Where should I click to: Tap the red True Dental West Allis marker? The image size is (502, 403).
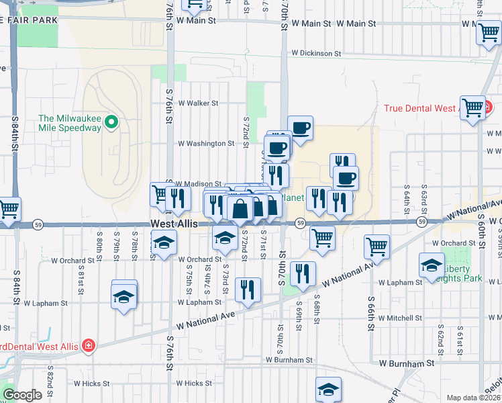(x=489, y=107)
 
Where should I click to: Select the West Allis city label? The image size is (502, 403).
(x=174, y=224)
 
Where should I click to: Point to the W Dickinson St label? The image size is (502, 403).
(x=316, y=53)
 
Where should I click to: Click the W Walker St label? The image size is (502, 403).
(x=198, y=103)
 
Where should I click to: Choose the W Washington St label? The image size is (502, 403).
(x=205, y=143)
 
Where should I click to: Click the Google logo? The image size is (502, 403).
(x=23, y=395)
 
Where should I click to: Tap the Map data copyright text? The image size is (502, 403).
(x=474, y=398)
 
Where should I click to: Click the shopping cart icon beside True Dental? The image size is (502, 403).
(x=472, y=107)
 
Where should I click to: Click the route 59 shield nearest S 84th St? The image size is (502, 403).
(x=39, y=224)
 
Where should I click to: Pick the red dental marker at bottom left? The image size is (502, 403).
(x=88, y=346)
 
